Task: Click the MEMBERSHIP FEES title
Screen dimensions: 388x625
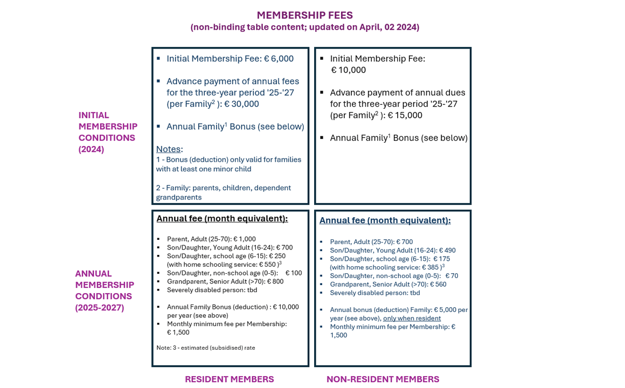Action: click(x=304, y=15)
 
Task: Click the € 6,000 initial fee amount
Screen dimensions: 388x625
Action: click(x=279, y=59)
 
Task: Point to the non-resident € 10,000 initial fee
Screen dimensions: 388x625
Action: click(x=348, y=70)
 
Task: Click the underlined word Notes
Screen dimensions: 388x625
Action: click(x=168, y=149)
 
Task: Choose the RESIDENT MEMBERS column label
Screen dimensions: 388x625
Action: click(x=229, y=379)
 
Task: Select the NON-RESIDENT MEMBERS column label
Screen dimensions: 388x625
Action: click(x=383, y=379)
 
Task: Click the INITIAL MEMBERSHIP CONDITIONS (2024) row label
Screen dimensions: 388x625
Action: click(x=108, y=132)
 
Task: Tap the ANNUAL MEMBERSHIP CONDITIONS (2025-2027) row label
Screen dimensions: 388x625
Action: click(x=105, y=290)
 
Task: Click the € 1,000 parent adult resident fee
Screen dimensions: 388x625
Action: click(x=245, y=239)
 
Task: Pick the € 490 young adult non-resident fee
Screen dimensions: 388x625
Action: click(x=447, y=251)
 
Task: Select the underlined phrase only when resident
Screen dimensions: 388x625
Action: click(x=412, y=318)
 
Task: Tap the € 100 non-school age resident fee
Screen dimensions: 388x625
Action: click(x=294, y=273)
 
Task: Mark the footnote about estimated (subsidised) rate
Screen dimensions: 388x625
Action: click(x=206, y=348)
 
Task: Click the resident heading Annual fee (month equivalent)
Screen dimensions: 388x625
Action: click(x=222, y=218)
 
